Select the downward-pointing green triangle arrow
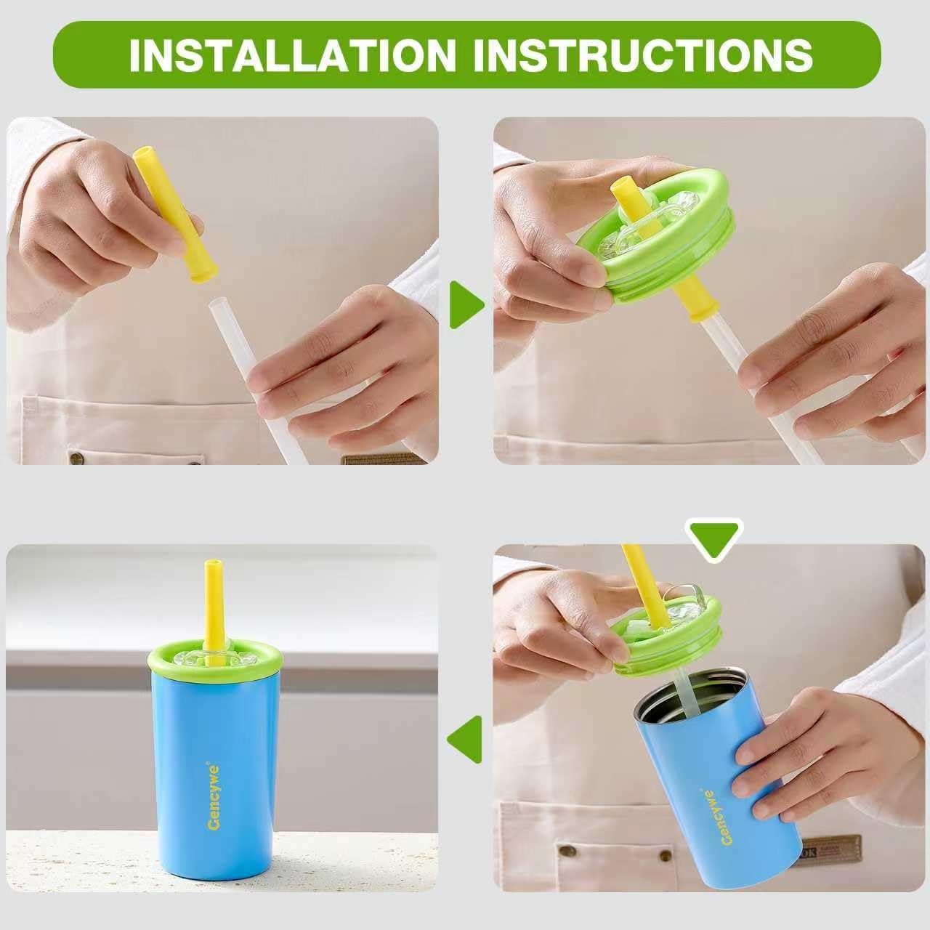pyautogui.click(x=716, y=538)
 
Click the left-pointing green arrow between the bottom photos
pyautogui.click(x=466, y=739)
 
